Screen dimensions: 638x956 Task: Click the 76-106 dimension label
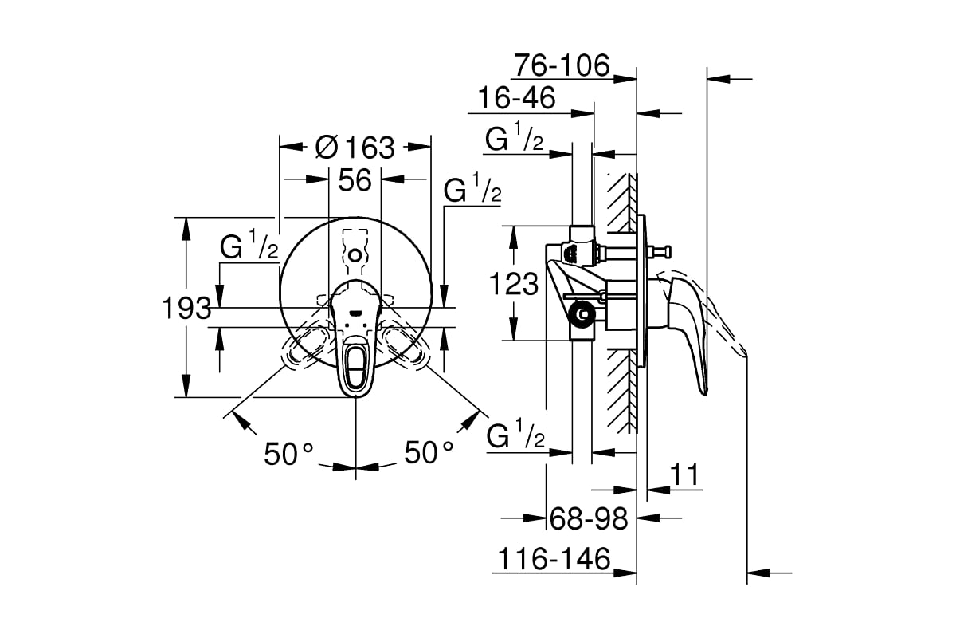click(561, 64)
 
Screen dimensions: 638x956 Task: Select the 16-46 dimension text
click(515, 99)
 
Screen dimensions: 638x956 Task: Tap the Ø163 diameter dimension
click(355, 147)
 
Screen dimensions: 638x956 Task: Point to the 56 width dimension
click(355, 180)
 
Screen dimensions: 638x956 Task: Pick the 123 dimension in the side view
click(514, 284)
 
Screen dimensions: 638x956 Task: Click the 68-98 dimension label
click(590, 519)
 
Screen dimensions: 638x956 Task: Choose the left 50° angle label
click(289, 454)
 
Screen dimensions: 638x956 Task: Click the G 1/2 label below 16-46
click(515, 139)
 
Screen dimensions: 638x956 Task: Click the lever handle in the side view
click(689, 327)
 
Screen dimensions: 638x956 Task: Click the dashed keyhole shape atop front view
click(355, 250)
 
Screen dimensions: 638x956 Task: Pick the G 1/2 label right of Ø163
click(472, 191)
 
